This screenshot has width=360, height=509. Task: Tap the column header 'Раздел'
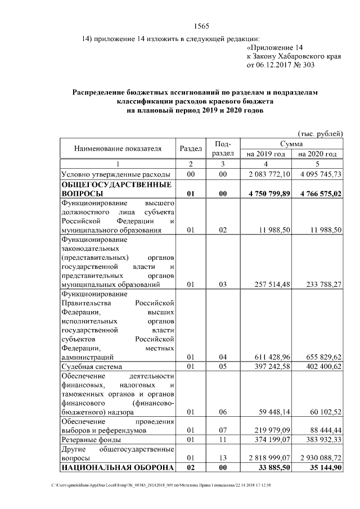tap(191, 149)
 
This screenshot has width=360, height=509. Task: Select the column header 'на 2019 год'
tap(265, 154)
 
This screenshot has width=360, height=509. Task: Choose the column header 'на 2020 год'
tap(318, 154)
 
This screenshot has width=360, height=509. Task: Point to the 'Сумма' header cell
tap(291, 144)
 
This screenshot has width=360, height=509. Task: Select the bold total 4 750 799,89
tap(267, 194)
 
